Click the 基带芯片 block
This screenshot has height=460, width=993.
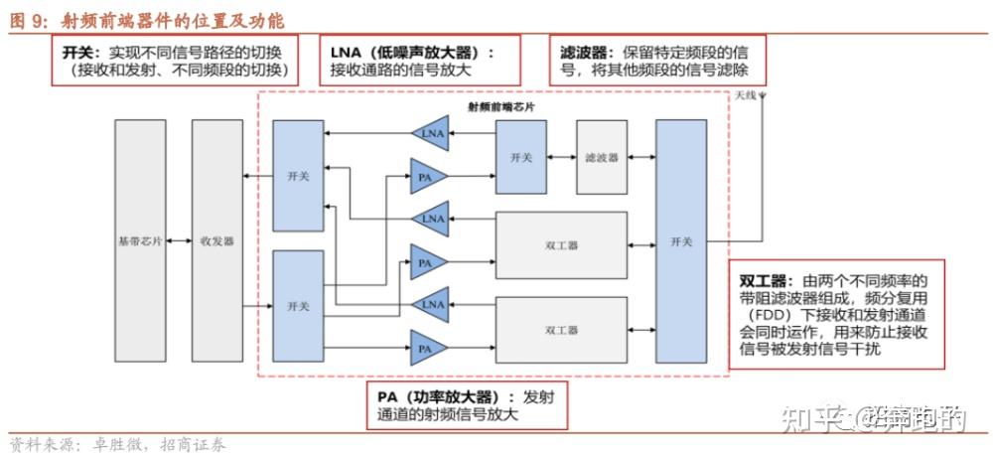pyautogui.click(x=140, y=240)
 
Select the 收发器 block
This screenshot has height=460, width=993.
pyautogui.click(x=217, y=240)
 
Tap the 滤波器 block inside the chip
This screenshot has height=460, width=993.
pyautogui.click(x=601, y=158)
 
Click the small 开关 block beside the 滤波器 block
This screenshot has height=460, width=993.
pyautogui.click(x=521, y=158)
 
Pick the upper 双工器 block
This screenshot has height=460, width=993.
pyautogui.click(x=561, y=244)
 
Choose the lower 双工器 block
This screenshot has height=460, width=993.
pyautogui.click(x=561, y=329)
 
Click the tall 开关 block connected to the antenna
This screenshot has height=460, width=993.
pyautogui.click(x=680, y=240)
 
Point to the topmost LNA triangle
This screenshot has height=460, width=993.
pyautogui.click(x=430, y=134)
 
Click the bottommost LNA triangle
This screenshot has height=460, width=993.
pyautogui.click(x=430, y=305)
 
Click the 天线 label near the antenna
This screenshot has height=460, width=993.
pyautogui.click(x=746, y=96)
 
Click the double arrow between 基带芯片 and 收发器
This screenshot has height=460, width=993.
pyautogui.click(x=179, y=240)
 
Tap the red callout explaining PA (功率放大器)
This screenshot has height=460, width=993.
pyautogui.click(x=467, y=406)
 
